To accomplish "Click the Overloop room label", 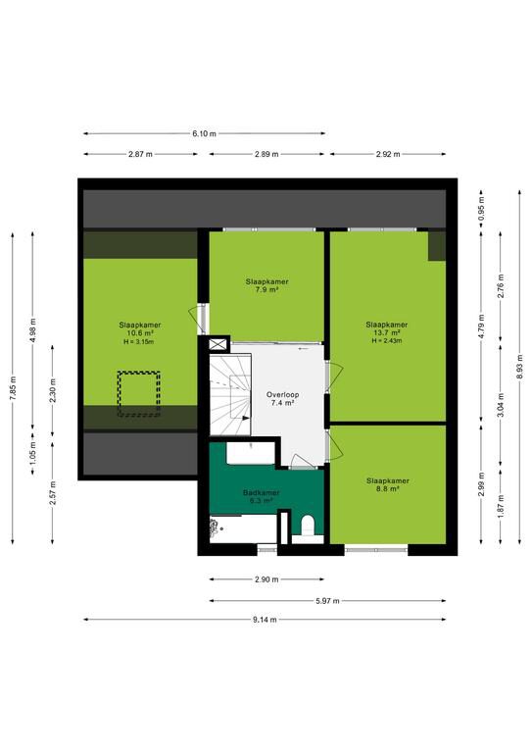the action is coord(282,399).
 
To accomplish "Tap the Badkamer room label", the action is coord(261,496).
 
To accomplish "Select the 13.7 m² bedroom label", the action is coord(387,328).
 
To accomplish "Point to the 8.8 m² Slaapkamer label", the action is coord(388,484).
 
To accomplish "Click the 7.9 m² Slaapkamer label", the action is coord(267,285).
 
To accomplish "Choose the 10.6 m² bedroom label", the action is coord(139,329).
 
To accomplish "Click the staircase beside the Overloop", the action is coord(230,394).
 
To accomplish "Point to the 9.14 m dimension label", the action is coord(265,620).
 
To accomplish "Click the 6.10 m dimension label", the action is coord(205,133).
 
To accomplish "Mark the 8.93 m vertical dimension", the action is coord(520,368).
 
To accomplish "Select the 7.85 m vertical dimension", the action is coord(13,388).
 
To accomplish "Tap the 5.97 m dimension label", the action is coord(327,601).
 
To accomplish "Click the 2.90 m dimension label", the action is coord(266,579).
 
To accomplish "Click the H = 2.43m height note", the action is coord(387,341).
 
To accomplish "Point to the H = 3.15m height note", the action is coord(139,342).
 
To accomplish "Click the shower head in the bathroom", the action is coord(214,527).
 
